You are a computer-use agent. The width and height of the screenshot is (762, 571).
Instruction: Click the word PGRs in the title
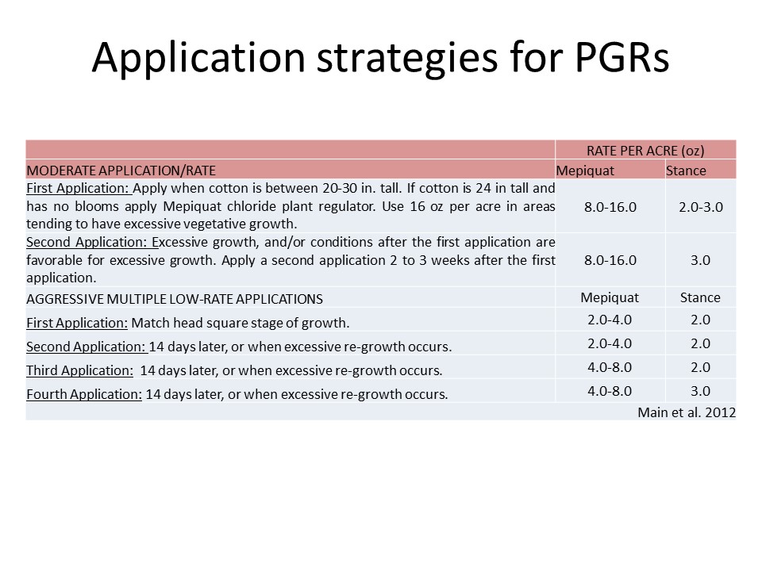pos(622,57)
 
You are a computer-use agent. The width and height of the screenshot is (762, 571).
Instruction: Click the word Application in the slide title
pos(198,58)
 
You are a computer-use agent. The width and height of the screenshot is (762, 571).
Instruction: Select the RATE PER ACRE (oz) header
pos(645,151)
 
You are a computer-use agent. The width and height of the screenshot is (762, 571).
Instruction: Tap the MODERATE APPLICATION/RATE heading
pos(121,171)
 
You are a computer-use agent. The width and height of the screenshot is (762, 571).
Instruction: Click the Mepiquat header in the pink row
pos(585,171)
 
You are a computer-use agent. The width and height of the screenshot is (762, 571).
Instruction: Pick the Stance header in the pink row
pos(686,171)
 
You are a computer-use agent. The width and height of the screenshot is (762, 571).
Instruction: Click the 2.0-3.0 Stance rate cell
pos(701,207)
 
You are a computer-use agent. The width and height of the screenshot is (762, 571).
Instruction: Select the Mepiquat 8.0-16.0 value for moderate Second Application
pos(610,260)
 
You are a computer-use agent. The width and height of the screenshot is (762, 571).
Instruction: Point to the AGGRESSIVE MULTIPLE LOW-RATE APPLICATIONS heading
pos(175,299)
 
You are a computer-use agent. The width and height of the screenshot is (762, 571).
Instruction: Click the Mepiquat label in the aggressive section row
pos(610,297)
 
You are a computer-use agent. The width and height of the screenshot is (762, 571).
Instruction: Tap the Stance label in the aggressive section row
pos(700,297)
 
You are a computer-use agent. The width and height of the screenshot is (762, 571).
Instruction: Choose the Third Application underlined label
pos(79,370)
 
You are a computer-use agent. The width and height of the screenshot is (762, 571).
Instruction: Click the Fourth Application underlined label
pos(84,394)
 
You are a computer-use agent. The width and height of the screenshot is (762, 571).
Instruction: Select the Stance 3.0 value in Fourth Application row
pos(701,391)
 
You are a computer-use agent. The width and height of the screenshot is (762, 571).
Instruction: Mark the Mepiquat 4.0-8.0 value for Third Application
pos(610,367)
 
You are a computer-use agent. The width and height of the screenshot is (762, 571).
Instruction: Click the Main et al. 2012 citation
pos(687,412)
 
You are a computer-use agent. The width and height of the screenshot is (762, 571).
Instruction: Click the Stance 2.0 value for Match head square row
pos(701,320)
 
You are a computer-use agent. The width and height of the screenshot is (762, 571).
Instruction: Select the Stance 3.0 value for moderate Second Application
pos(701,260)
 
